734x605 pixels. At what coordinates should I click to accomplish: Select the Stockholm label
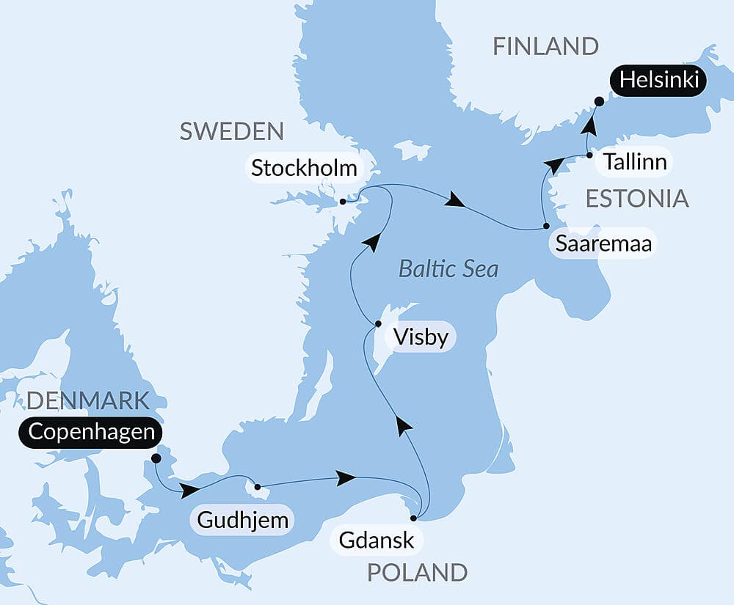point(304,168)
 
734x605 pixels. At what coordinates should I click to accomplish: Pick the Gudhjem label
point(241,521)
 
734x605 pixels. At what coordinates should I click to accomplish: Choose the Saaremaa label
point(603,244)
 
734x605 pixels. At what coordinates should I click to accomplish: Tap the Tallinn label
point(635,161)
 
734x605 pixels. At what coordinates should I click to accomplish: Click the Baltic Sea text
point(448,269)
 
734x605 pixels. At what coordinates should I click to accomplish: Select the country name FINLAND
point(545,46)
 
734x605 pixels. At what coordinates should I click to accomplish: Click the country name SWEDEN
point(231,131)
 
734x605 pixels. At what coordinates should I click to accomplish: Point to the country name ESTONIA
point(636,198)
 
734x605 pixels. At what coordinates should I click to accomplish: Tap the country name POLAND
point(417,572)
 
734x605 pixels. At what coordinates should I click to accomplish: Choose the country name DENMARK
point(88,400)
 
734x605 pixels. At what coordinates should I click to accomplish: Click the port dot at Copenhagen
point(156,458)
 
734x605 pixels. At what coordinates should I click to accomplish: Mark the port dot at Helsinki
point(599,102)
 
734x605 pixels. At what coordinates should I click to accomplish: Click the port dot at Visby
point(378,323)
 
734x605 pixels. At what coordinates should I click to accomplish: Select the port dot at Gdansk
point(413,518)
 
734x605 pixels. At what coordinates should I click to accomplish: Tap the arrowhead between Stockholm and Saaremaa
point(456,200)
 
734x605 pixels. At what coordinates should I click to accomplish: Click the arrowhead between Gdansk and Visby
point(402,425)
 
